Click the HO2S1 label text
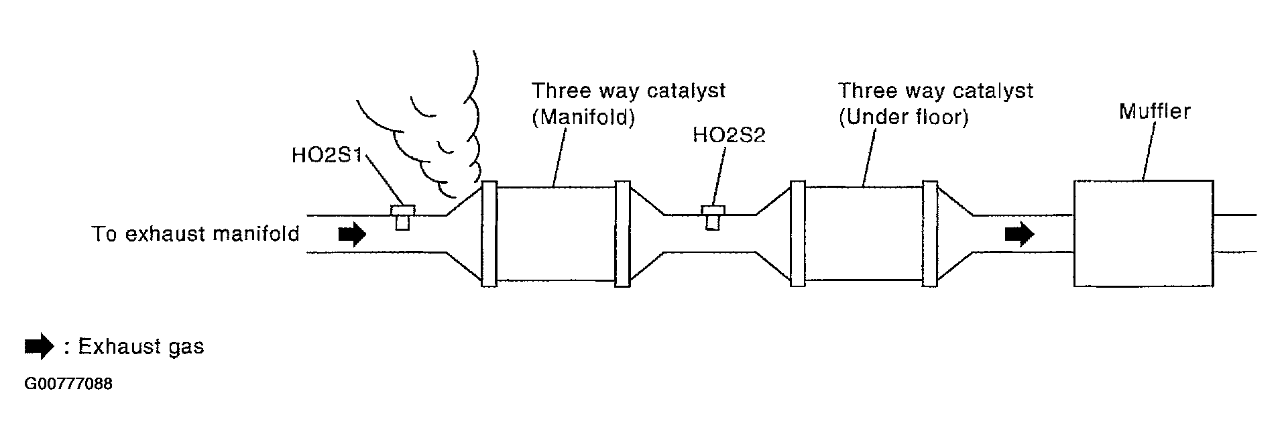[x=327, y=156]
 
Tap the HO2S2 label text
[x=728, y=135]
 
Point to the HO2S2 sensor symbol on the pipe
[x=713, y=217]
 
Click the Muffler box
[x=1143, y=233]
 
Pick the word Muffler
[x=1154, y=111]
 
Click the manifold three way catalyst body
[x=555, y=233]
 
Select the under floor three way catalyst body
[x=863, y=233]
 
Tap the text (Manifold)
[x=583, y=117]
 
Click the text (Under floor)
[x=903, y=117]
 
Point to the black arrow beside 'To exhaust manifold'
[x=351, y=234]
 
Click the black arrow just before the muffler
[x=1019, y=234]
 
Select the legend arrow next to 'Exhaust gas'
[x=39, y=346]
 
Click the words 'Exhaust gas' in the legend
[x=141, y=347]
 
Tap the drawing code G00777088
[x=68, y=384]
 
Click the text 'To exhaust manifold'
[x=195, y=234]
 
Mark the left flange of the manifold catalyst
[x=489, y=233]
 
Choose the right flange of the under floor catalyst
[x=930, y=233]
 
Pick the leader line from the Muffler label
[x=1149, y=150]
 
